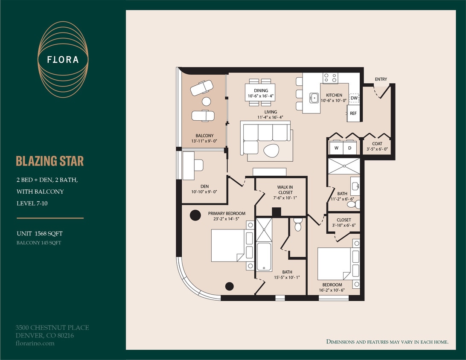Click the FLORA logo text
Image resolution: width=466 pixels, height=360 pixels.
click(63, 59)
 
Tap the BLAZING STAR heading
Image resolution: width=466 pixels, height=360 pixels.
click(50, 161)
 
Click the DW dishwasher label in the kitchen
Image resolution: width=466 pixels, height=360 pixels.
click(354, 98)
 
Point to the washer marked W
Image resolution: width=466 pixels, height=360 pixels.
click(336, 148)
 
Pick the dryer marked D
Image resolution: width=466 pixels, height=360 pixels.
click(349, 148)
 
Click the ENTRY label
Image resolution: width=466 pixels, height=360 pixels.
click(381, 79)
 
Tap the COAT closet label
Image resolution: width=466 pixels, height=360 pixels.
click(377, 144)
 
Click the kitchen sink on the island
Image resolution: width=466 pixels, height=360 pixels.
click(314, 98)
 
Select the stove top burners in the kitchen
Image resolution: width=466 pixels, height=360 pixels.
click(330, 78)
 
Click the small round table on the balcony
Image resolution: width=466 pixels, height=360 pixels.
click(206, 101)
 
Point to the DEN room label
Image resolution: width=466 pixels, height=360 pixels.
click(204, 186)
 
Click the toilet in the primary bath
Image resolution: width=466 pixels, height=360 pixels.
click(298, 224)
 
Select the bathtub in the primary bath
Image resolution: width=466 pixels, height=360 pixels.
click(264, 256)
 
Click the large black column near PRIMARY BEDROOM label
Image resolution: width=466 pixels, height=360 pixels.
click(195, 215)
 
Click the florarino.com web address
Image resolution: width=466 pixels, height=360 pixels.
click(35, 343)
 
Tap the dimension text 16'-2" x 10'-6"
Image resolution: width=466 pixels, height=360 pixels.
click(332, 290)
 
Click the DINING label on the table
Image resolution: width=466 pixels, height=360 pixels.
click(261, 90)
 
